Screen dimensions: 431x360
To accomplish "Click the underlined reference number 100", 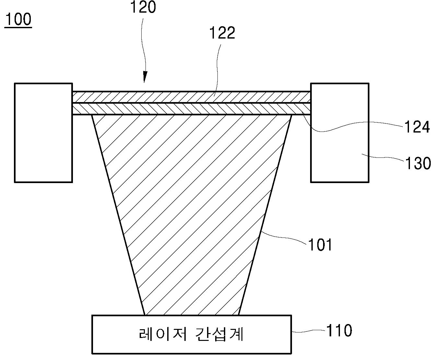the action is (x=18, y=20).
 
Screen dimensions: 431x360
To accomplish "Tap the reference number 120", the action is (x=143, y=7).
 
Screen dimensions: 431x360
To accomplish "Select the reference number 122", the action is (x=222, y=33).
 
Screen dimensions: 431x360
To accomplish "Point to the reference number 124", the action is (x=417, y=127).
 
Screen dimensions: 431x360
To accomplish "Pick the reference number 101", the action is (x=320, y=245).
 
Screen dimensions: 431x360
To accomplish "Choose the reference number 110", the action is (x=339, y=331).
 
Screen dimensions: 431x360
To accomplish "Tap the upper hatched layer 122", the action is (x=191, y=97).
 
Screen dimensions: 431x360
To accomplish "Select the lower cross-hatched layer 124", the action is (x=191, y=109).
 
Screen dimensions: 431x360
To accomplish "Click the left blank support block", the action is (x=43, y=133).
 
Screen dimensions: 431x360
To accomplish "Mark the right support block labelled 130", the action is (x=340, y=133).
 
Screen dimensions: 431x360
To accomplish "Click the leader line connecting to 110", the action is (x=308, y=331).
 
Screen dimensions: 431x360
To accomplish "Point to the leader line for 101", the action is (x=285, y=238).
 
